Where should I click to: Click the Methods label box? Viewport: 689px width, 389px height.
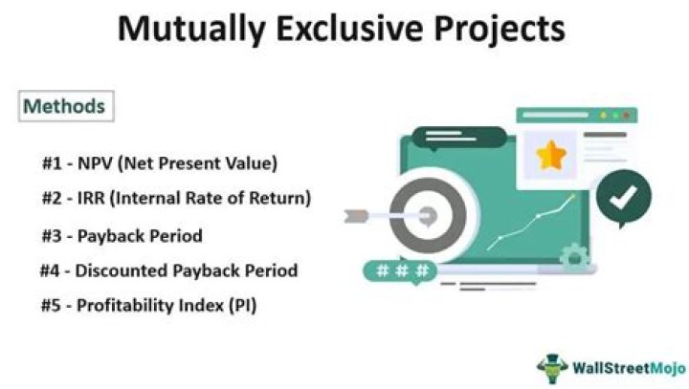pyautogui.click(x=64, y=105)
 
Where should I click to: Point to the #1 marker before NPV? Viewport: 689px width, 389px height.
pyautogui.click(x=54, y=163)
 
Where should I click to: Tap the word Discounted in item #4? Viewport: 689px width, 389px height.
pyautogui.click(x=128, y=270)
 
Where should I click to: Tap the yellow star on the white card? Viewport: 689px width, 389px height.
pyautogui.click(x=550, y=154)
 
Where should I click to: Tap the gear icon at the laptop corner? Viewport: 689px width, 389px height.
pyautogui.click(x=574, y=255)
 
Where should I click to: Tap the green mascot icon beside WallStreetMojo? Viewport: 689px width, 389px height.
pyautogui.click(x=552, y=366)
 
